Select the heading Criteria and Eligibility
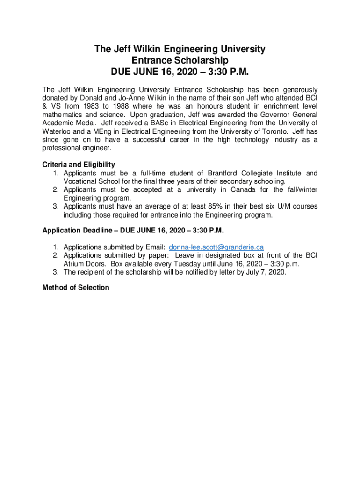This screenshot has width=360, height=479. tap(79, 165)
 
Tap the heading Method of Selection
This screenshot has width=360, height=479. tap(76, 287)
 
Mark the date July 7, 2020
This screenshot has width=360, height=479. tap(266, 272)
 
